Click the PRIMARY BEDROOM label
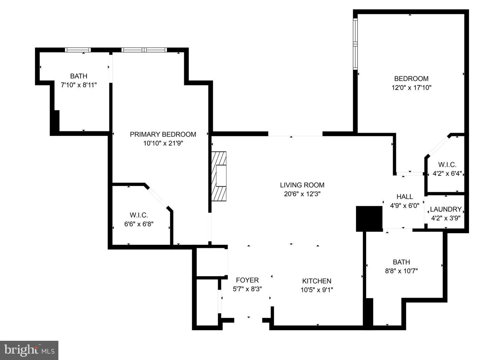(x=163, y=134)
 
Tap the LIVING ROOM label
(x=302, y=185)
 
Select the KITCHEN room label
(x=316, y=281)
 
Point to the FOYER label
(x=247, y=280)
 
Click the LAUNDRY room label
(x=445, y=209)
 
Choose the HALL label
(x=405, y=197)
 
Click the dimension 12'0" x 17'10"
(x=411, y=88)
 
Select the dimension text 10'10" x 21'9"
(x=163, y=143)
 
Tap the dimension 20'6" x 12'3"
(x=302, y=194)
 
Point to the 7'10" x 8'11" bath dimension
(x=79, y=85)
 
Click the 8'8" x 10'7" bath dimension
(x=401, y=271)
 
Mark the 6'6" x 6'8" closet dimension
(x=139, y=224)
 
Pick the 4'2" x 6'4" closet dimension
(x=447, y=173)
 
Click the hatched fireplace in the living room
(x=219, y=176)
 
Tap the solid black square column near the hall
(x=369, y=219)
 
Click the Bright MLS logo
(x=29, y=350)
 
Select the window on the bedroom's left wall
(x=355, y=44)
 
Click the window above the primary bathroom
(x=78, y=50)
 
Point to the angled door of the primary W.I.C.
(x=158, y=197)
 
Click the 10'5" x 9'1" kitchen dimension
(x=316, y=290)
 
